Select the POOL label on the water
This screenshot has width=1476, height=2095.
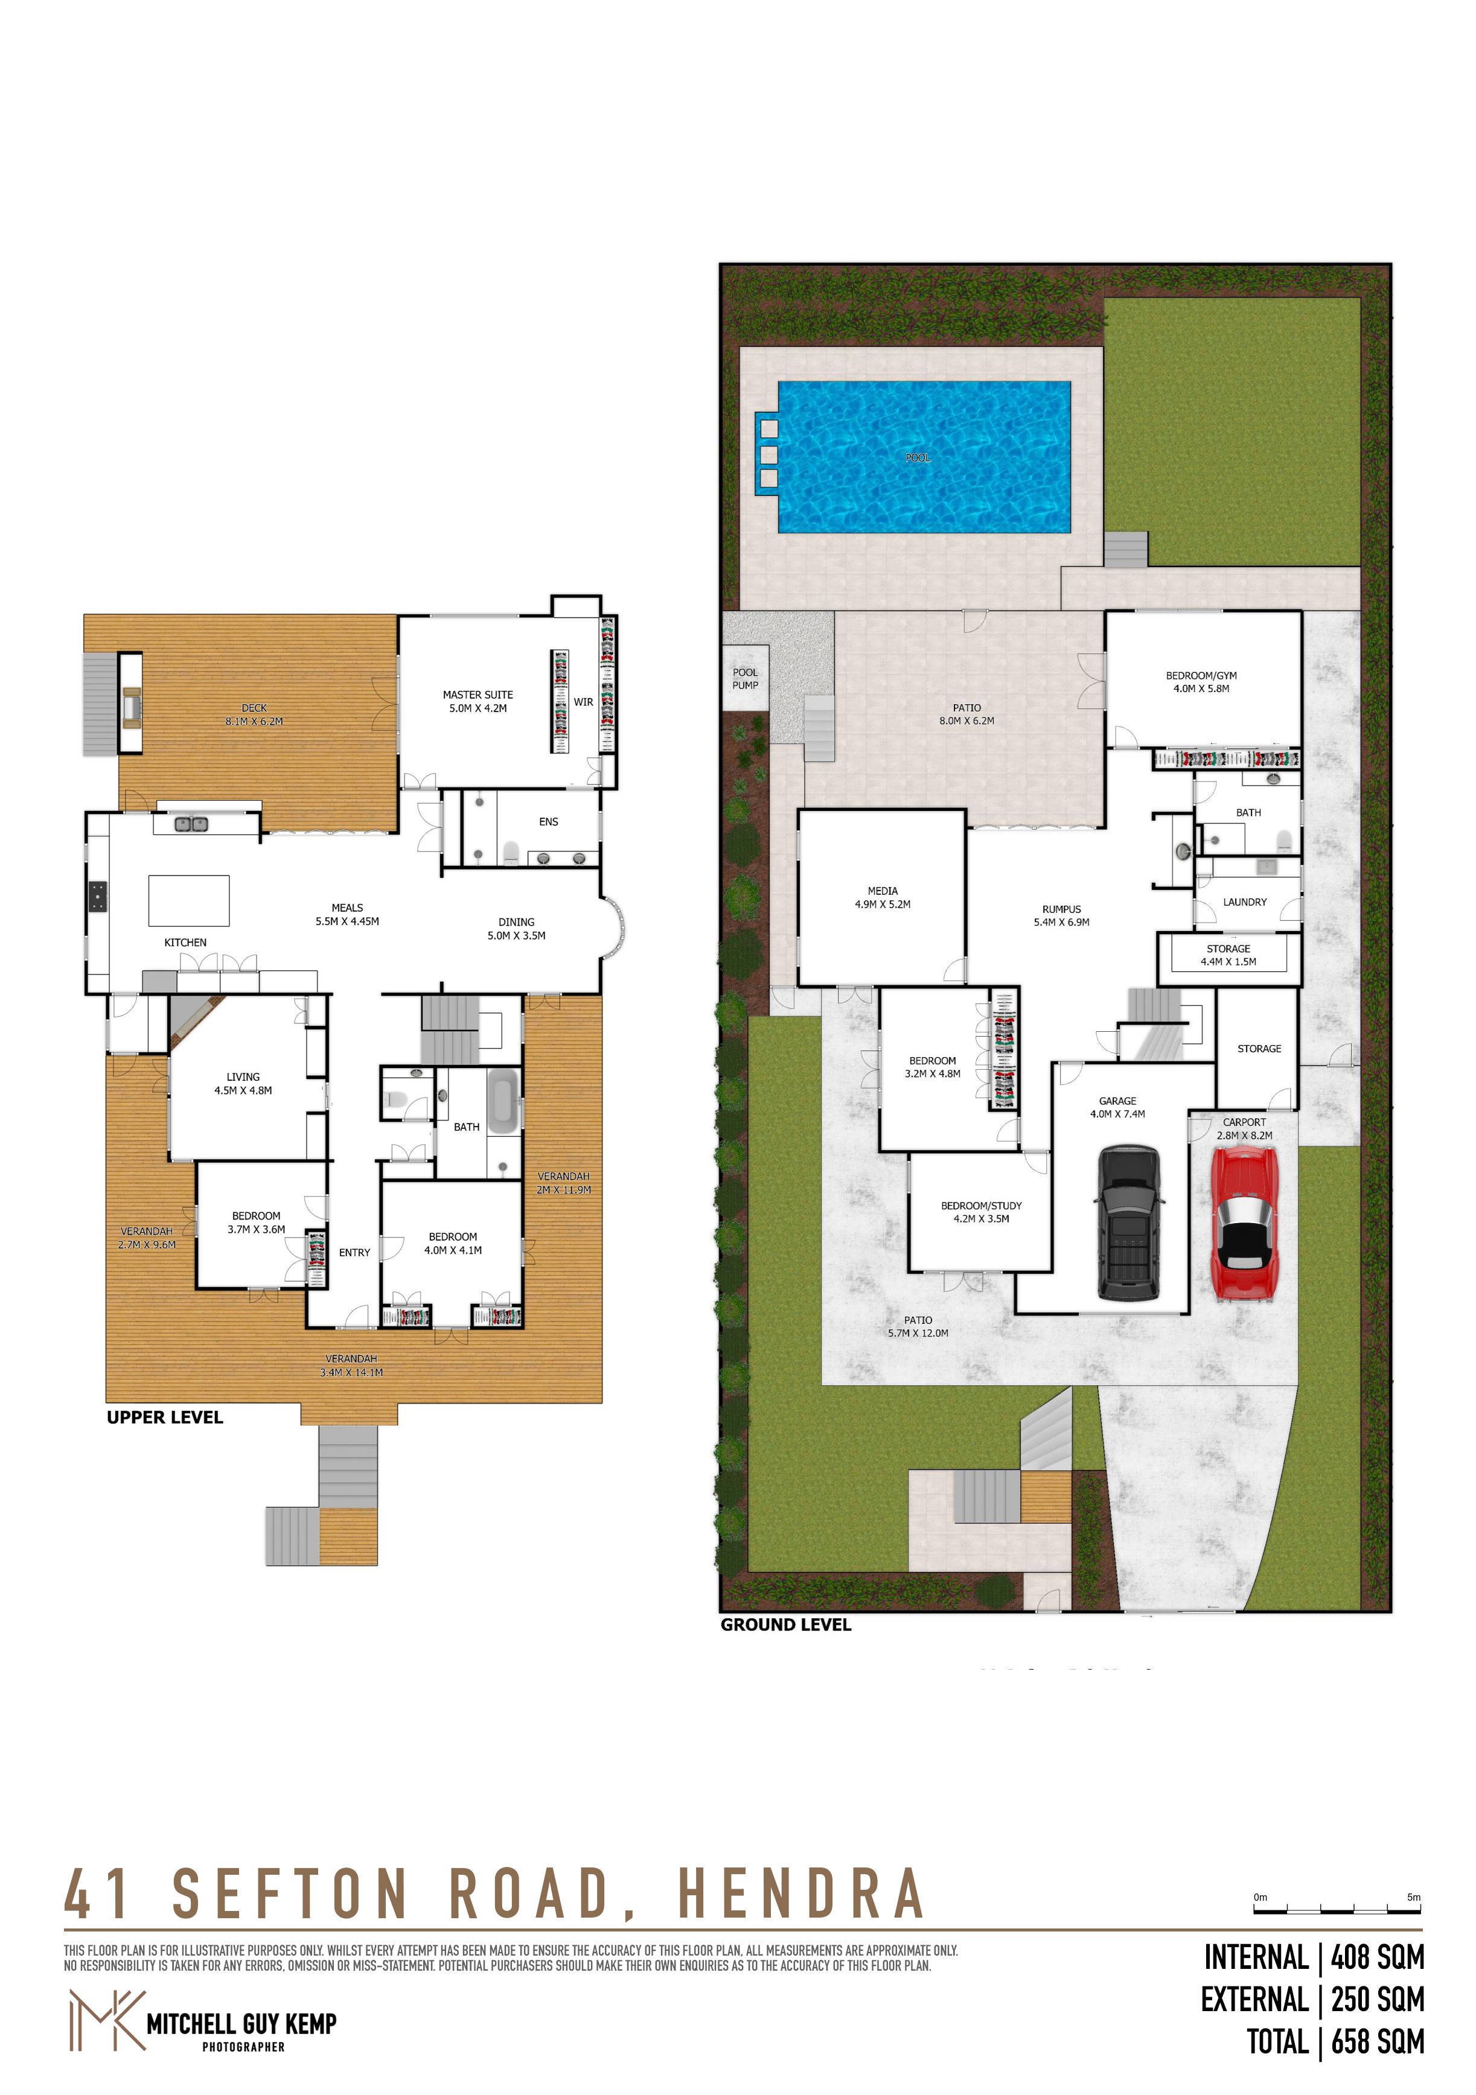[918, 458]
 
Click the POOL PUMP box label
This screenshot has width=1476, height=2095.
[745, 679]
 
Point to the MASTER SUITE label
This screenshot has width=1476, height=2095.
[478, 695]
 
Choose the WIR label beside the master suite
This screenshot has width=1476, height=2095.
[583, 702]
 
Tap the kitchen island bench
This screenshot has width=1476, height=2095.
[189, 901]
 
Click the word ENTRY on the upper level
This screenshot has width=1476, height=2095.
[354, 1253]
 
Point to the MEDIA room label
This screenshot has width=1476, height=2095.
[882, 891]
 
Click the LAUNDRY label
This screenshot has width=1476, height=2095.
[1244, 903]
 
